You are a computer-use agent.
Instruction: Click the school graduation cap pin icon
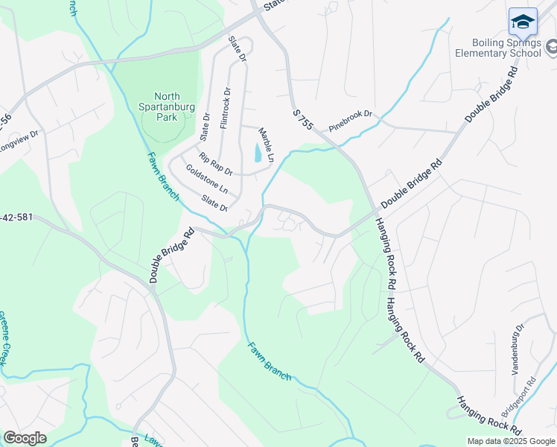click(x=523, y=22)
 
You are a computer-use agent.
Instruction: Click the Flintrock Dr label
click(x=226, y=110)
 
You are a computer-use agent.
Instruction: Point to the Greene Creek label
click(x=2, y=337)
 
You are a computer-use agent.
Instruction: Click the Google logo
click(x=25, y=438)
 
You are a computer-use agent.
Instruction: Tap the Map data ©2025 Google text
click(x=510, y=441)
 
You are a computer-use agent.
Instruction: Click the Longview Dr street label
click(x=16, y=141)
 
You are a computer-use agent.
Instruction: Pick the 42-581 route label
click(x=16, y=218)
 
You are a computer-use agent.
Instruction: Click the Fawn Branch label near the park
click(x=163, y=176)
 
